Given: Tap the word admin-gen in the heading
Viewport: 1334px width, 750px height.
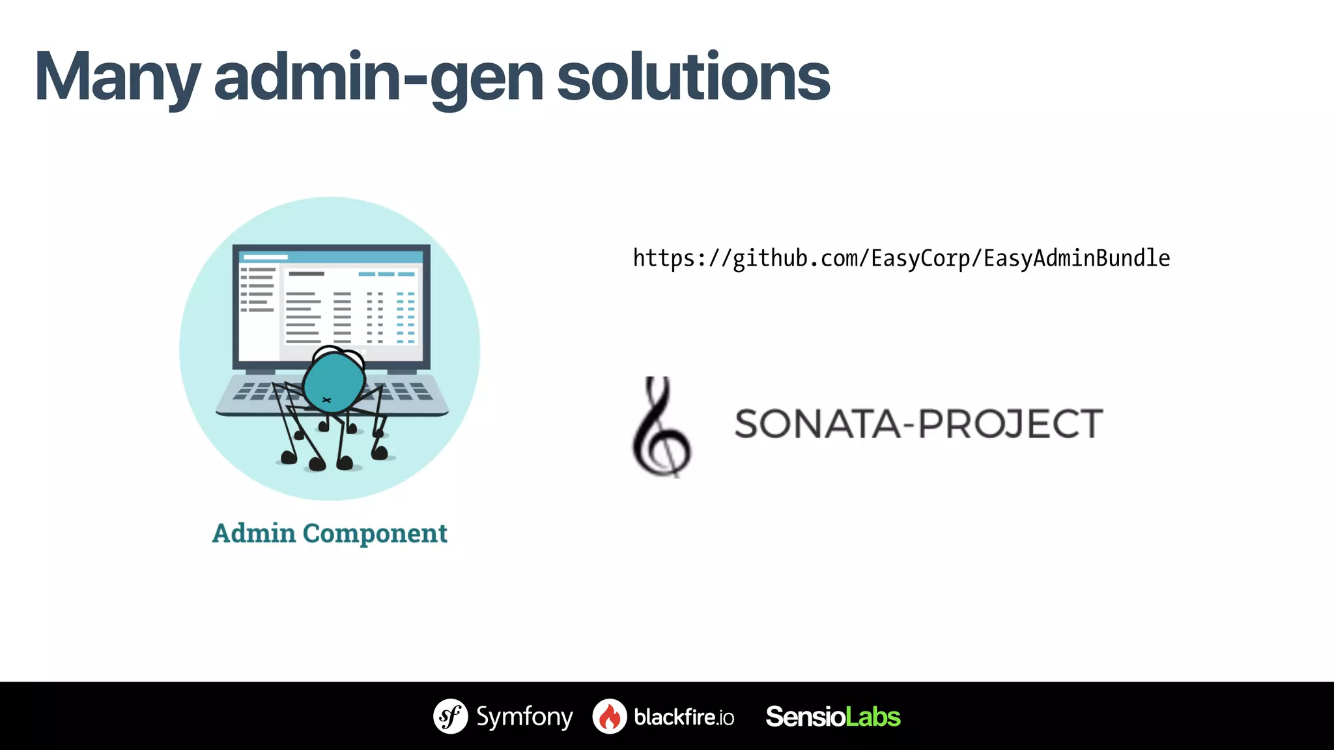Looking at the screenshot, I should (x=378, y=78).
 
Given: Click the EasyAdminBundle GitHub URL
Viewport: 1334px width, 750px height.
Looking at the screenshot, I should (x=901, y=258).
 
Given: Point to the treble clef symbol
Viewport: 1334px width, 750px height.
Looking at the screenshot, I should (x=661, y=426).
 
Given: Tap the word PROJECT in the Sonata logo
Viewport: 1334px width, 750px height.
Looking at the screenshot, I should (x=1010, y=424).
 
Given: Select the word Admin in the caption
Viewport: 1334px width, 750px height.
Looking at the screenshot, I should (x=254, y=533).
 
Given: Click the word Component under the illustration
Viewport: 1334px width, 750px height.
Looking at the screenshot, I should (x=375, y=533).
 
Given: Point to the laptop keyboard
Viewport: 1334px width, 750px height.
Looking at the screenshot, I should (x=410, y=391).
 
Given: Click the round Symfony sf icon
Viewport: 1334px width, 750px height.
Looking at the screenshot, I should (x=450, y=716).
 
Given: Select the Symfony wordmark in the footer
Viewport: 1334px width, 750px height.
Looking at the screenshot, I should (x=524, y=717).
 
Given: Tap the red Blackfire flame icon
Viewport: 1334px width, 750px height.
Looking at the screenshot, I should (x=610, y=717).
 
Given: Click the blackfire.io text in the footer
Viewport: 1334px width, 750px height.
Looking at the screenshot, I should (x=684, y=717).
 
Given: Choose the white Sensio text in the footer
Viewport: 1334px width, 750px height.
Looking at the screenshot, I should (x=805, y=717).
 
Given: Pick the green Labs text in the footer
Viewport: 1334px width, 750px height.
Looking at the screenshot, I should (x=873, y=717).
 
